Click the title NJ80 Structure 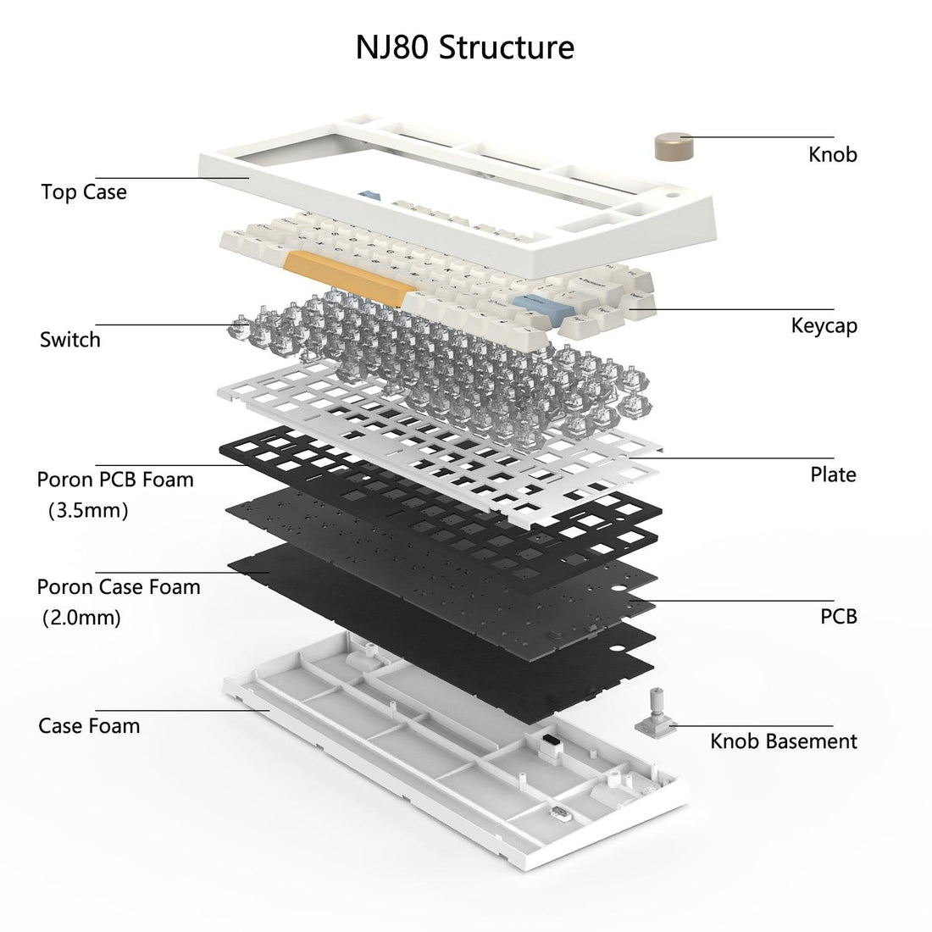click(x=464, y=47)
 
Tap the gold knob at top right click(x=674, y=146)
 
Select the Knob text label click(x=832, y=154)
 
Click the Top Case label click(x=84, y=191)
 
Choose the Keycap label click(x=824, y=325)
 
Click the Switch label click(x=70, y=340)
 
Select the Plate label click(x=833, y=474)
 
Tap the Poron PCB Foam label click(x=115, y=480)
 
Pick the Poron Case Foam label click(x=119, y=586)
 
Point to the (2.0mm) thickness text click(x=82, y=618)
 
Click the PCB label click(x=838, y=616)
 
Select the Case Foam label click(x=89, y=726)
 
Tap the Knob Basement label click(x=783, y=741)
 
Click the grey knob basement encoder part click(x=654, y=715)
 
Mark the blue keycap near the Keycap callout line click(x=532, y=303)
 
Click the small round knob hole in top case click(x=676, y=194)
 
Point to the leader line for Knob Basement click(x=754, y=725)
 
